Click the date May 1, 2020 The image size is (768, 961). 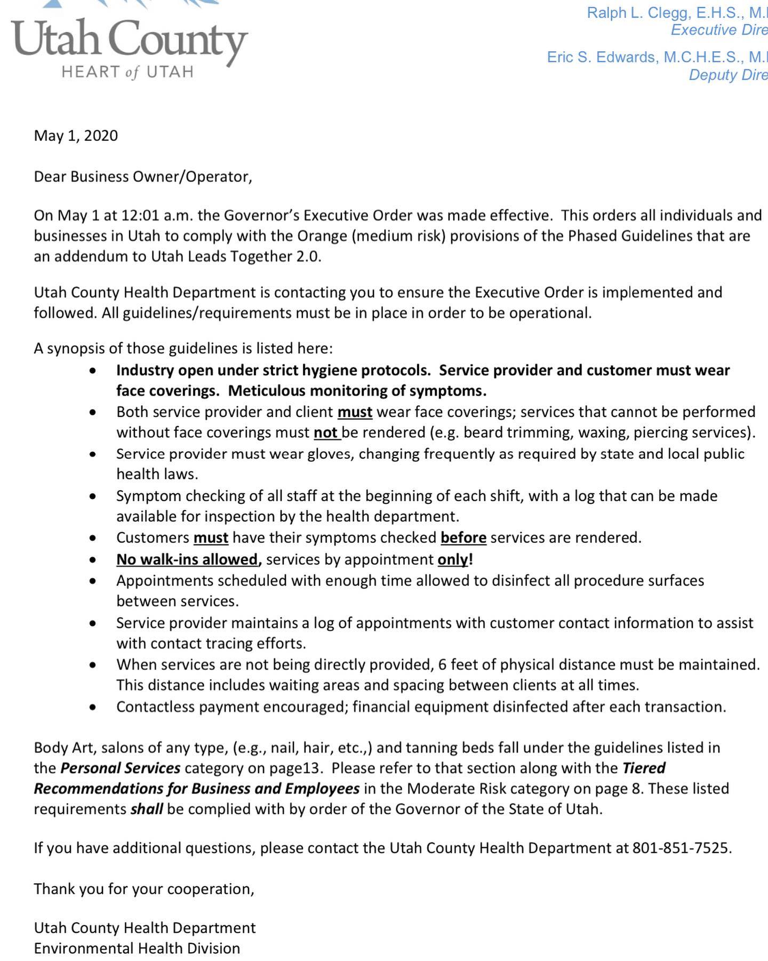tap(76, 136)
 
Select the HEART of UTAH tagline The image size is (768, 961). tap(127, 72)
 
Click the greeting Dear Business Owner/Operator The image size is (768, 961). tap(143, 177)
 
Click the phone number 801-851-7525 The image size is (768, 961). tap(681, 848)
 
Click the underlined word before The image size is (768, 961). tap(463, 538)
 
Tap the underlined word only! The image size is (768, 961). tap(455, 560)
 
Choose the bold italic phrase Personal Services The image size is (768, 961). tap(120, 768)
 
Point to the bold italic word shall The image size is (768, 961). tap(147, 809)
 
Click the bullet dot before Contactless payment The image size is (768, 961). tap(93, 707)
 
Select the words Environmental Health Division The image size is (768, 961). tap(137, 948)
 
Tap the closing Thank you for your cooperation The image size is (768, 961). tap(144, 889)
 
